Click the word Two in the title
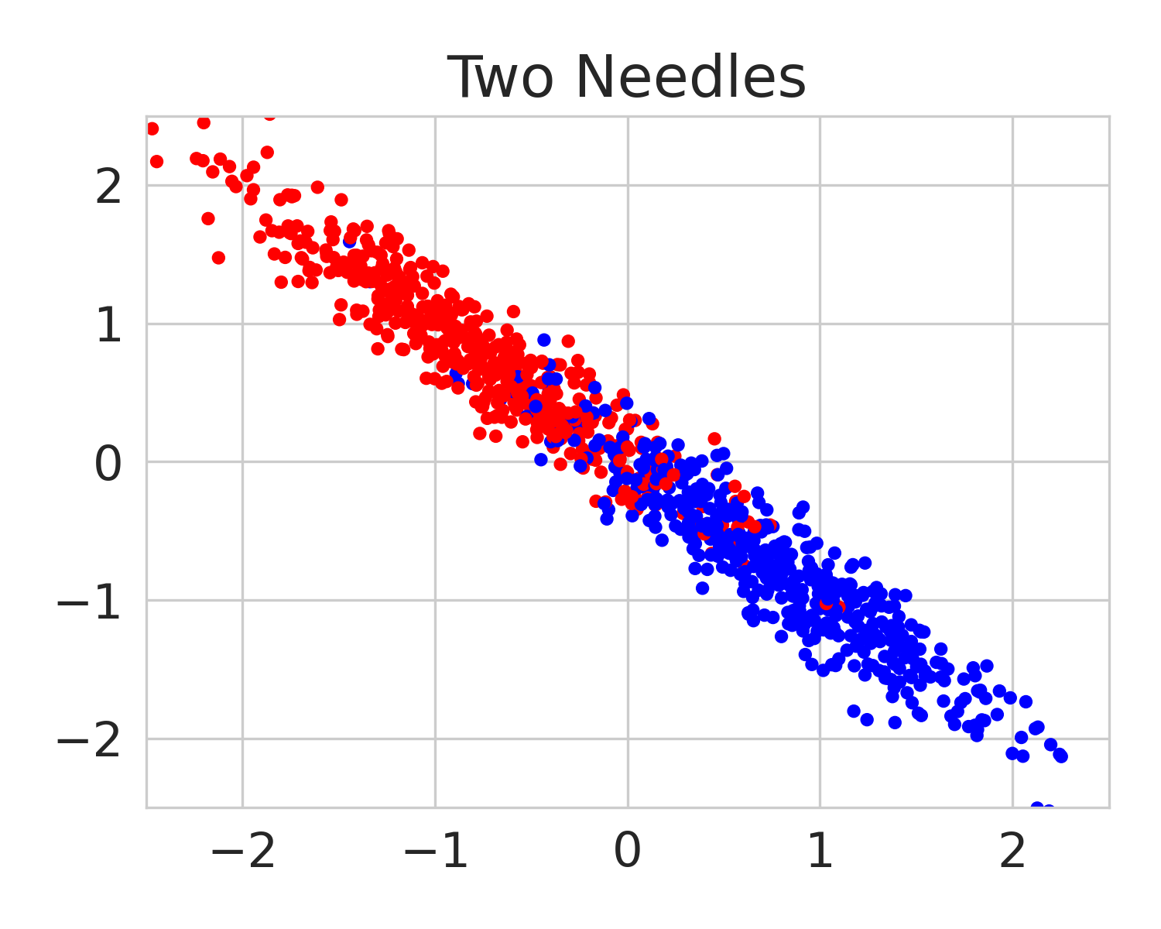tap(494, 78)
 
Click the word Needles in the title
tap(691, 78)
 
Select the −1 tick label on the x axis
tap(435, 852)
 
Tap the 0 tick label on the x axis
tap(627, 852)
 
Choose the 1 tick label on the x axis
tap(820, 852)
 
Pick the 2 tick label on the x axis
tap(1012, 852)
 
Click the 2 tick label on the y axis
tap(108, 187)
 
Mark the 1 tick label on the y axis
tap(108, 326)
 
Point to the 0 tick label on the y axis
tap(108, 464)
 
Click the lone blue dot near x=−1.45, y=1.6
tap(349, 242)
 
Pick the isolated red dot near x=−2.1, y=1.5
tap(218, 258)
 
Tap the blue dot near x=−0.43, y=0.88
tap(544, 340)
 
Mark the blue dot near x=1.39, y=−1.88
tap(895, 722)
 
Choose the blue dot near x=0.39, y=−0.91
tap(702, 588)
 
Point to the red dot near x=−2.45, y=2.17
tap(156, 162)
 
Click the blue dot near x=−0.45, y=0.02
tap(541, 459)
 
